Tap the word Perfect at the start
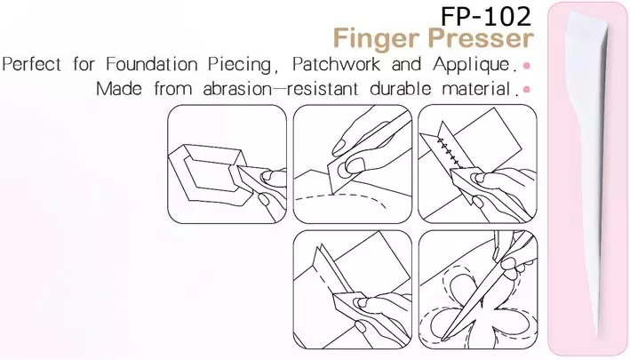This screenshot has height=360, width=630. pos(32,65)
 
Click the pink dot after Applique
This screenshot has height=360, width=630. pos(528,67)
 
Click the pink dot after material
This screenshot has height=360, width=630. pos(528,90)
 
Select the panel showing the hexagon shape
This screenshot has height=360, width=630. pos(227,164)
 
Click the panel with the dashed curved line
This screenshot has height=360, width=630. pos(352,164)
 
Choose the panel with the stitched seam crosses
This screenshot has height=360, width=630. pos(477,164)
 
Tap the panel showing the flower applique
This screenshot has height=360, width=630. pos(477,288)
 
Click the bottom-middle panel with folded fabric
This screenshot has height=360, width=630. pos(352,288)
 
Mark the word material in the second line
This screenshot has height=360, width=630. pos(472,89)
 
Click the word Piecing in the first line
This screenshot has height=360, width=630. pos(248,65)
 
